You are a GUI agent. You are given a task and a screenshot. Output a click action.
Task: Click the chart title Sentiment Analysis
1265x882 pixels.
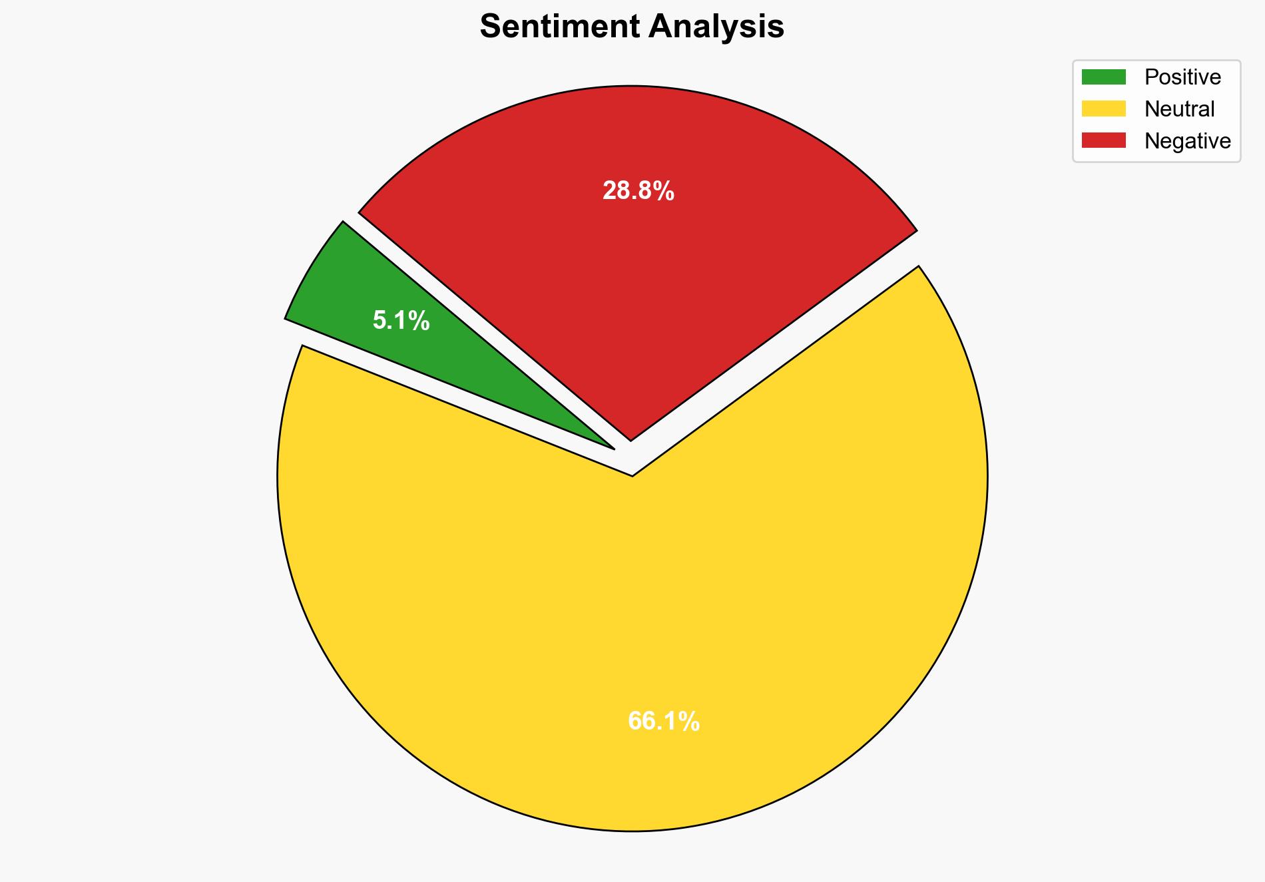point(632,27)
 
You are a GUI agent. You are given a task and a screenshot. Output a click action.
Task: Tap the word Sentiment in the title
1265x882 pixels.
point(559,27)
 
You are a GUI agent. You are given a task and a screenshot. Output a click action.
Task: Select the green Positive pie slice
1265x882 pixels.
point(373,300)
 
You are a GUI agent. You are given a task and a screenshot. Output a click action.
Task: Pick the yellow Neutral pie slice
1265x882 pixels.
point(632,632)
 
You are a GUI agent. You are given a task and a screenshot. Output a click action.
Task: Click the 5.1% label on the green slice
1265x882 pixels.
point(401,322)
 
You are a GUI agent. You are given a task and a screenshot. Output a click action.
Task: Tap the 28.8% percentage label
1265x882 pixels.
point(638,192)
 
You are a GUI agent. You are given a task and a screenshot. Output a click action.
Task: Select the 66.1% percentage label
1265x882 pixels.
point(663,722)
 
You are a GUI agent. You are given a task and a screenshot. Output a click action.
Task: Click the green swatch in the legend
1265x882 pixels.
point(1103,77)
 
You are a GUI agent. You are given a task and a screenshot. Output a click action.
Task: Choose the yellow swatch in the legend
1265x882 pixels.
point(1103,109)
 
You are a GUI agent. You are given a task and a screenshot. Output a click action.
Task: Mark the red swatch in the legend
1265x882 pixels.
point(1103,140)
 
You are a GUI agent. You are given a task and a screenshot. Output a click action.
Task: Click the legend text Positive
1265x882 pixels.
point(1182,77)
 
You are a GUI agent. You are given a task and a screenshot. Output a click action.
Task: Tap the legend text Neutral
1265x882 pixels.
point(1179,109)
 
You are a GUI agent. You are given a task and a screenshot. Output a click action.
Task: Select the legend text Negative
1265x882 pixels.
point(1187,141)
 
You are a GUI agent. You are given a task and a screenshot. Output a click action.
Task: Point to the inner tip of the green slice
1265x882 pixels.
point(613,448)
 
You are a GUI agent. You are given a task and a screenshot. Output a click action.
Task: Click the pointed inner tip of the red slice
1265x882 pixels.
point(631,439)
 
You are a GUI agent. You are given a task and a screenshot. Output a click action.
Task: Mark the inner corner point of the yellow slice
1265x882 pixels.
point(632,475)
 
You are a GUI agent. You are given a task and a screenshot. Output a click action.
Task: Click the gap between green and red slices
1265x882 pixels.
point(466,320)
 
